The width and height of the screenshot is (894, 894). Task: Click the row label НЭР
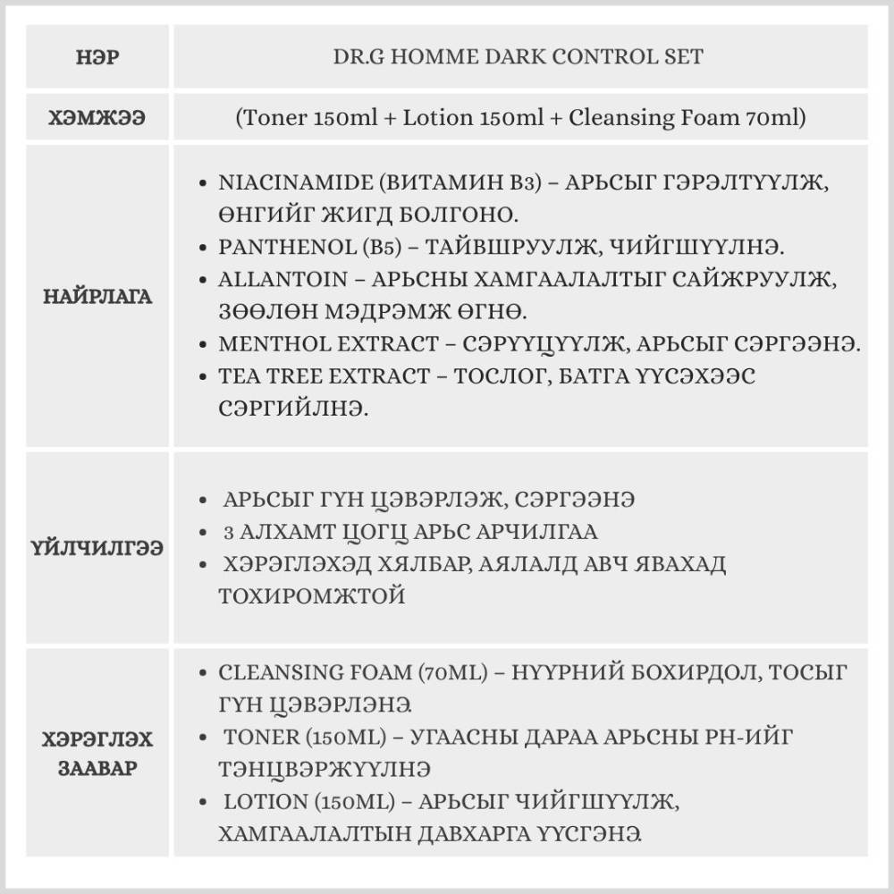tap(98, 56)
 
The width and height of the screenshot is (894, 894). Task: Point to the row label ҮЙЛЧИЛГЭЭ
tap(98, 548)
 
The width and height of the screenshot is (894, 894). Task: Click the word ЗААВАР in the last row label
tap(98, 768)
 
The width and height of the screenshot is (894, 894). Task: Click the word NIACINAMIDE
tap(286, 182)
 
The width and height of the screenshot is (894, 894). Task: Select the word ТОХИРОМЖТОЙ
tap(311, 596)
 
